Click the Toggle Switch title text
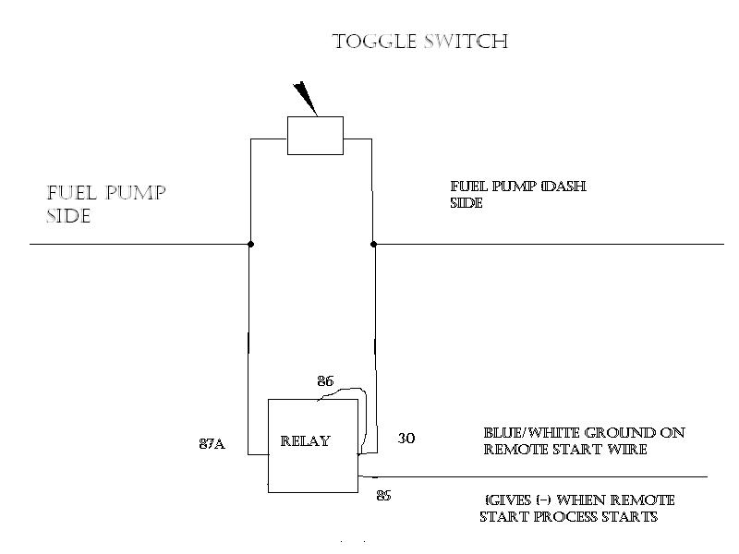pos(420,42)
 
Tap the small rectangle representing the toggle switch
pos(315,136)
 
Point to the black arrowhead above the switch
pos(304,98)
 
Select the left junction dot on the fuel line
pos(250,245)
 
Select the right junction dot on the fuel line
pos(373,245)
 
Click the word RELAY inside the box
pos(305,441)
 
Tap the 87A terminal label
pos(212,444)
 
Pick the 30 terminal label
pos(406,439)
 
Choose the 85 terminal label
pos(383,496)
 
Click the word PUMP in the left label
pos(135,194)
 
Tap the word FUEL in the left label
pos(72,194)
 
